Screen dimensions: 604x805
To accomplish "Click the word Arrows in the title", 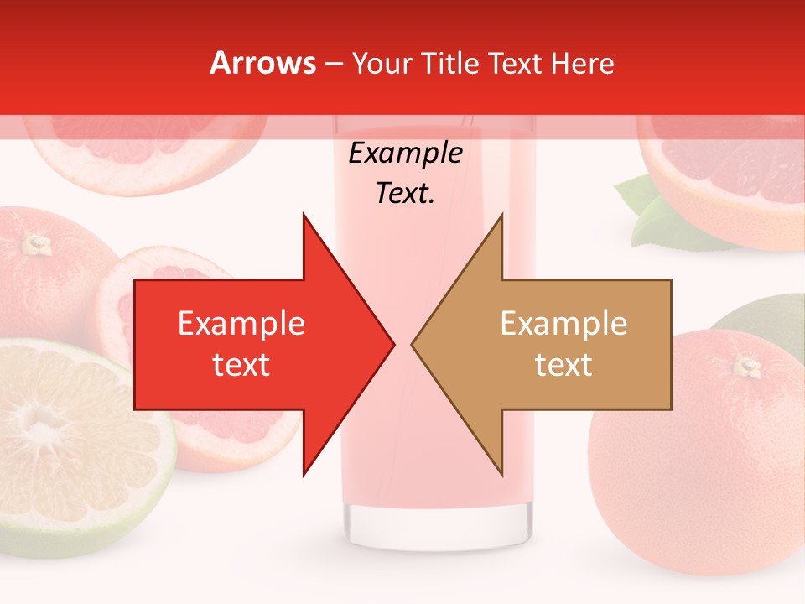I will coord(263,63).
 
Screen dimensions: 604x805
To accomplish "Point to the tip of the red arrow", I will coord(393,344).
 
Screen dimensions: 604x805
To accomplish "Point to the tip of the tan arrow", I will coord(413,344).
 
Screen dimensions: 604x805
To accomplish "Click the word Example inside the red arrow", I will coord(241,323).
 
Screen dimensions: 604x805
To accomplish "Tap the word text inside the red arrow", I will coord(241,365).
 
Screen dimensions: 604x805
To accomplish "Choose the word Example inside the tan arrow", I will coord(563,323).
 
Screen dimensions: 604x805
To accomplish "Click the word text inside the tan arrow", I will coord(563,365).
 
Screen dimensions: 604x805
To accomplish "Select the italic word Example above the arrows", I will coord(406,154).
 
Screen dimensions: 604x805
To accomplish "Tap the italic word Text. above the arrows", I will coord(406,193).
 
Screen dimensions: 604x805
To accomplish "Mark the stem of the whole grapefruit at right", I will coord(745,366).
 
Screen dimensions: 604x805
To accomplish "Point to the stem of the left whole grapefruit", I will coord(36,245).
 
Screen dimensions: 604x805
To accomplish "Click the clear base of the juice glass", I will coord(439,524).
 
